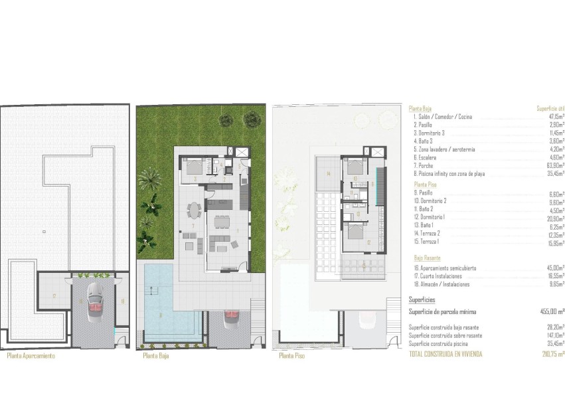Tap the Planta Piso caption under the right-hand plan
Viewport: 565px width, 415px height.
click(290, 356)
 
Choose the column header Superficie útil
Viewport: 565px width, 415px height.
click(550, 108)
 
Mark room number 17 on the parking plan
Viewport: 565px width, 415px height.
click(54, 294)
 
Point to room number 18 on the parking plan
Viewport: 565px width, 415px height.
click(123, 301)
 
